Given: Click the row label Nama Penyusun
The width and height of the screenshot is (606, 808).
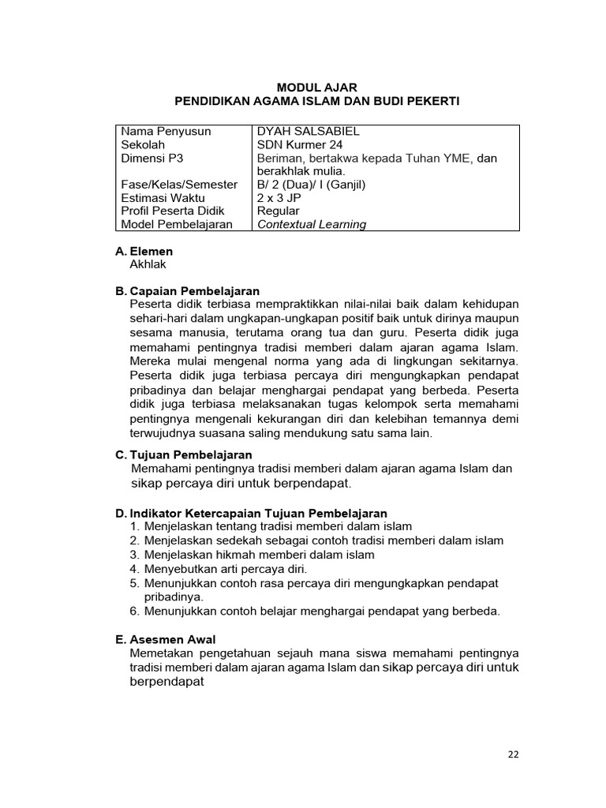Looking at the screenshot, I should [166, 132].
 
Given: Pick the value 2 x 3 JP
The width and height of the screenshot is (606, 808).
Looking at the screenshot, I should [279, 198].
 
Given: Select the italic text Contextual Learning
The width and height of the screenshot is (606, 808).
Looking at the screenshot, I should [312, 224].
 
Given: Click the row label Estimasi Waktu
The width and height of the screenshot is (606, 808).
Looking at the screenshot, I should [163, 198].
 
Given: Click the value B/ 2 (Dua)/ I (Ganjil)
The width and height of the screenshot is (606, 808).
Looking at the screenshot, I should [313, 185].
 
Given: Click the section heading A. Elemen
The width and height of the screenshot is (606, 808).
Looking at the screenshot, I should [144, 252].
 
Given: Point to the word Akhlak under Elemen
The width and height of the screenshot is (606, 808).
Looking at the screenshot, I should [148, 265].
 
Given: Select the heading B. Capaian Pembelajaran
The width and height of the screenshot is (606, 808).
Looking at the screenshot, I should [187, 291].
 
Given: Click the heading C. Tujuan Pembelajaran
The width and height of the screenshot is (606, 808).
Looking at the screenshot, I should [183, 454].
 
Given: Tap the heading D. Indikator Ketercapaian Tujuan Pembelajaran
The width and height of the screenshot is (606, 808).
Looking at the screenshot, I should [251, 513].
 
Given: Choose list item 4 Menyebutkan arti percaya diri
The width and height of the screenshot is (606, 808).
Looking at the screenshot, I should [219, 568].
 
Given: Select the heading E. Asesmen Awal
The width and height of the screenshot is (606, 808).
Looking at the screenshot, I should [165, 639].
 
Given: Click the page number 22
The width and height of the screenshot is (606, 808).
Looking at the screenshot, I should [513, 754].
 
